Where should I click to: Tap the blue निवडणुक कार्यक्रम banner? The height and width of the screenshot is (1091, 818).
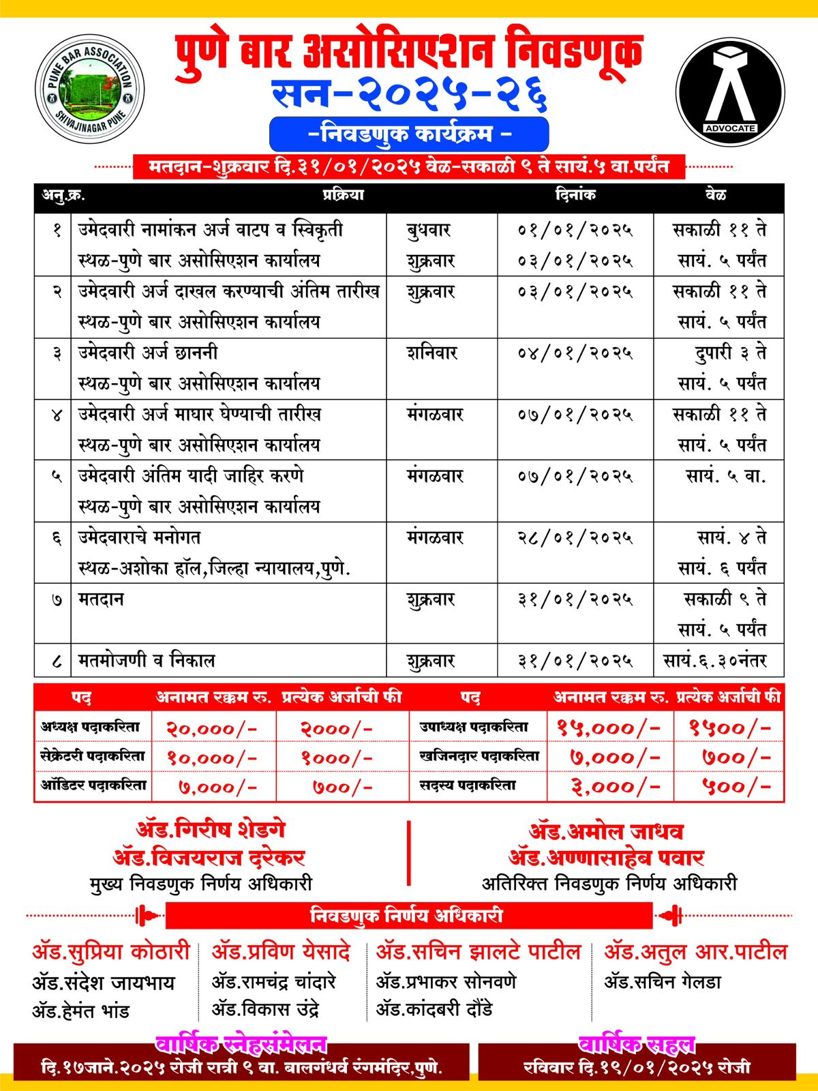[409, 134]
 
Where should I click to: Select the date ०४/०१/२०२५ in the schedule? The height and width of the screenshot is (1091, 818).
[575, 353]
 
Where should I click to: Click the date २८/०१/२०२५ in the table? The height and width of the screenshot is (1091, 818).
[575, 538]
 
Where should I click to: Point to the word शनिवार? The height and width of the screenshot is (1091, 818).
[432, 353]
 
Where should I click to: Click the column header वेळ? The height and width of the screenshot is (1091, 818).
[716, 195]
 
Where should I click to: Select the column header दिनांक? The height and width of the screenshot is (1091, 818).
[575, 195]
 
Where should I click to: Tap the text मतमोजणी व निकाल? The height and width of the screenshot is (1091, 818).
[147, 661]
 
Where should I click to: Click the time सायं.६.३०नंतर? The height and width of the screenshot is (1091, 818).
[715, 661]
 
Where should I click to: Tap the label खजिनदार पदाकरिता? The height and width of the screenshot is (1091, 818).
[479, 756]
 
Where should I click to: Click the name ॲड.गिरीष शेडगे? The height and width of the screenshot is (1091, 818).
[211, 830]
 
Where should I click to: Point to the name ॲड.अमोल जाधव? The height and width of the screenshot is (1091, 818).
[606, 831]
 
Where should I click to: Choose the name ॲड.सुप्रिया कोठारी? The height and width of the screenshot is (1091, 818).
[110, 952]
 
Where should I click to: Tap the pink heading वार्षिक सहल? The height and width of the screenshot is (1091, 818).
[637, 1045]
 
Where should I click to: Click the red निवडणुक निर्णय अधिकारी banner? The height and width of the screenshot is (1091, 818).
[407, 915]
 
